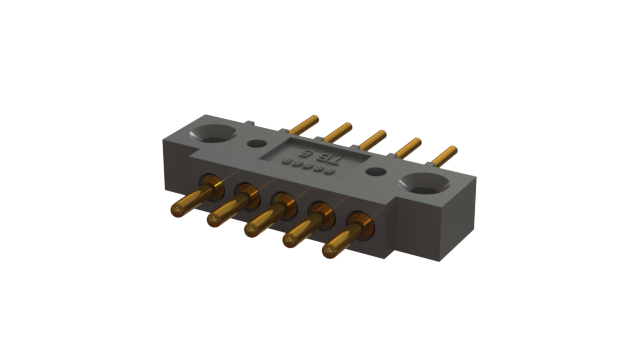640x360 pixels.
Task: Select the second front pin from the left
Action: [x=226, y=211]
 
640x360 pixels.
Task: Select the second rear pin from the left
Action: [x=338, y=130]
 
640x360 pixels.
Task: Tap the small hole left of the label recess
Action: [x=255, y=125]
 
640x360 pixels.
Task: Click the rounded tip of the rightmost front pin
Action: [x=327, y=250]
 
